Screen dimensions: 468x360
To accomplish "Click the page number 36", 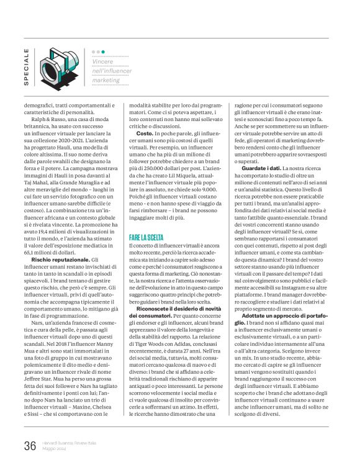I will pos(30,445).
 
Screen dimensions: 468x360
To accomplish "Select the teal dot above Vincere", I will pos(103,52).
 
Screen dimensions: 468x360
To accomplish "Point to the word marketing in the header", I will pos(106,80).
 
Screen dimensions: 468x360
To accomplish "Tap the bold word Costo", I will pos(145,133).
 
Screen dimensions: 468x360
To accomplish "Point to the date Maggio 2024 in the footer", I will pos(55,449).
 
